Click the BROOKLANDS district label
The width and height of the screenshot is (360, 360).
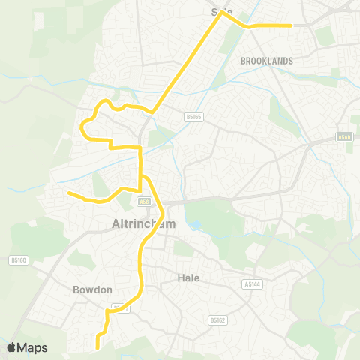pyautogui.click(x=267, y=60)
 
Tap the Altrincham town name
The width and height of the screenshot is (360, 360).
pyautogui.click(x=142, y=223)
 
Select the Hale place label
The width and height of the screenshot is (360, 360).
pyautogui.click(x=188, y=277)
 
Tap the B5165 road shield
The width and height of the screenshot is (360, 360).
pyautogui.click(x=194, y=117)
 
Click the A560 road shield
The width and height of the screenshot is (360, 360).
pyautogui.click(x=344, y=138)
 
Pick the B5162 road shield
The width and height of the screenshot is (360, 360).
pyautogui.click(x=217, y=320)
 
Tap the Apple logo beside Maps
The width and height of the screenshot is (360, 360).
pyautogui.click(x=11, y=347)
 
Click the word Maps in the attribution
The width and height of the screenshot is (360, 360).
pyautogui.click(x=33, y=347)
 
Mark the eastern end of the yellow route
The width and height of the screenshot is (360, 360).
pyautogui.click(x=290, y=25)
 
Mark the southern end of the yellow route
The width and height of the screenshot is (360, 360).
pyautogui.click(x=98, y=347)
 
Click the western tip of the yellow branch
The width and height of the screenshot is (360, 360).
pyautogui.click(x=69, y=193)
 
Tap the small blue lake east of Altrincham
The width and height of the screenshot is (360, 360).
pyautogui.click(x=196, y=225)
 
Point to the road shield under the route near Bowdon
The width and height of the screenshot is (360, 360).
pyautogui.click(x=117, y=307)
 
